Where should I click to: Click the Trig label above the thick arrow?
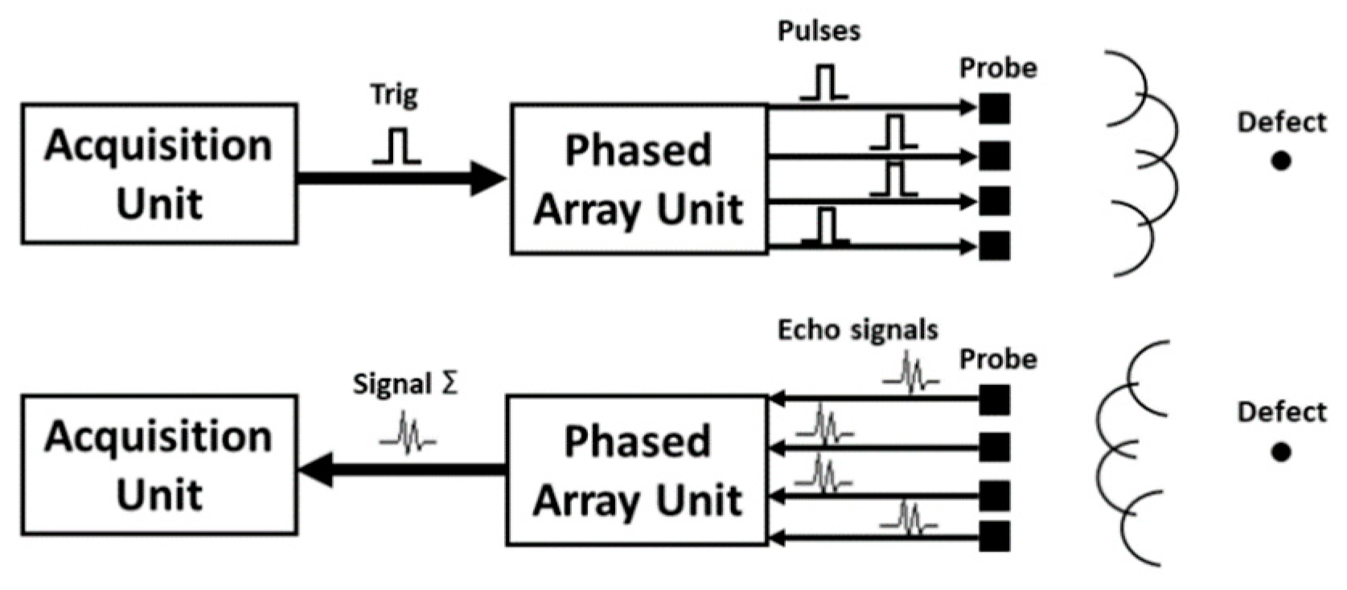[x=394, y=95]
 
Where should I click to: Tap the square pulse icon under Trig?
[x=396, y=146]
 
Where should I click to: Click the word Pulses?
[x=819, y=31]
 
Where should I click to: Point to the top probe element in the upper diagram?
[x=995, y=109]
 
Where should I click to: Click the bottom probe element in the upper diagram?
[x=995, y=245]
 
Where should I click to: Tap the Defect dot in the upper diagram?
[x=1281, y=161]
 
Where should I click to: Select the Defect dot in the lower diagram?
[x=1281, y=452]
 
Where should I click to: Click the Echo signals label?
[x=857, y=330]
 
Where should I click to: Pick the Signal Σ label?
[x=405, y=384]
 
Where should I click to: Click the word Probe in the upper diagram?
[x=998, y=68]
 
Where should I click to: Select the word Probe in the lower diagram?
[x=998, y=359]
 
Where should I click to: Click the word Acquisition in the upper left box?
[x=158, y=145]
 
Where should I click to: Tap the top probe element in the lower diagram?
[x=995, y=399]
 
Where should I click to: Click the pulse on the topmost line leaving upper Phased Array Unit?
[x=824, y=83]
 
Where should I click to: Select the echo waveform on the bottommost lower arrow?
[x=910, y=519]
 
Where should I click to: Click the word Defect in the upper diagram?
[x=1281, y=122]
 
